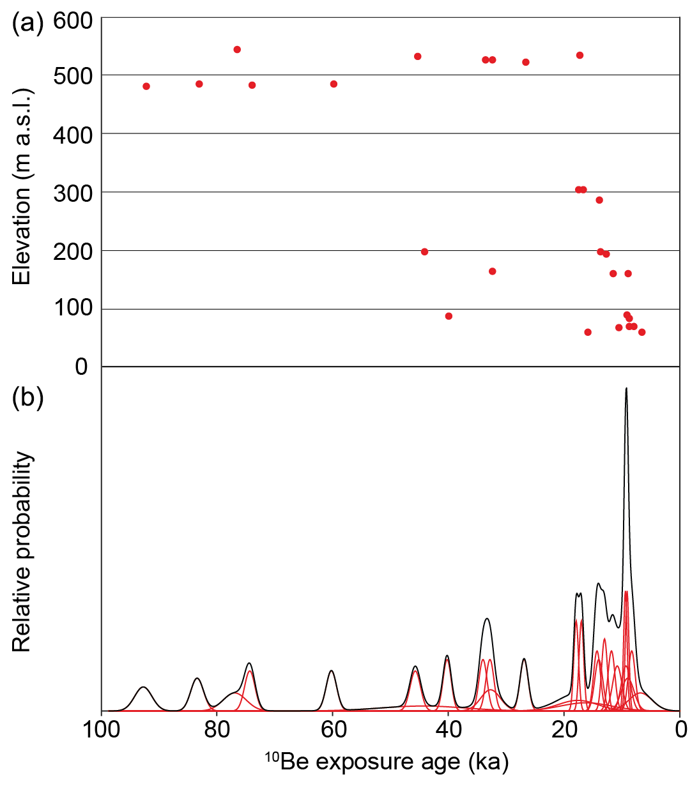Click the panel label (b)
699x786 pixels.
[x=27, y=397]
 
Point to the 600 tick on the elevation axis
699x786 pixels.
[x=73, y=21]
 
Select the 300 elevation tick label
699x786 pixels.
[x=73, y=193]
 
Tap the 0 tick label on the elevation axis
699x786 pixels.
[x=81, y=367]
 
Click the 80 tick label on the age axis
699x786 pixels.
[x=217, y=729]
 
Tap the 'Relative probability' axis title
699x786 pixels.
[x=22, y=552]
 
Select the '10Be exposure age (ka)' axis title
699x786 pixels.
[x=387, y=762]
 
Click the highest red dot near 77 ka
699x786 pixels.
[x=237, y=50]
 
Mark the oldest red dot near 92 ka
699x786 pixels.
[x=146, y=86]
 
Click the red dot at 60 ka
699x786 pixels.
[x=334, y=84]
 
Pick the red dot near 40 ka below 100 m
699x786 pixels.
[x=449, y=316]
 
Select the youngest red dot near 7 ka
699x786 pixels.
[x=641, y=332]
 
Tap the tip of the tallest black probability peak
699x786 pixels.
[x=626, y=388]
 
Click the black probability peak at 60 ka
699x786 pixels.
[x=331, y=670]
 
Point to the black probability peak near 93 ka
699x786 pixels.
[x=144, y=687]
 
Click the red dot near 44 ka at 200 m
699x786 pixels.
[x=424, y=252]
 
